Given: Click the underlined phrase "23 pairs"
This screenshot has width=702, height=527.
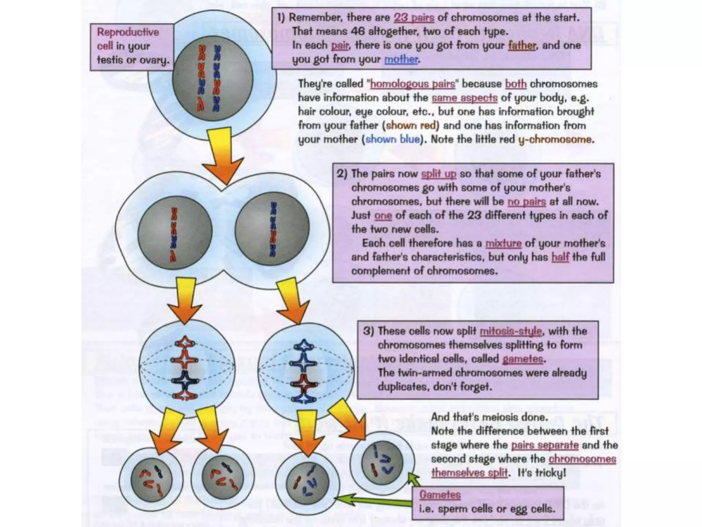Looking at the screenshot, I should pos(414,17).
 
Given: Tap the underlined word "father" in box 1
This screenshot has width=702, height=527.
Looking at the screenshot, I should pos(521,45).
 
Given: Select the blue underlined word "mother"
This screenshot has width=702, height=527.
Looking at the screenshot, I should pos(401,59).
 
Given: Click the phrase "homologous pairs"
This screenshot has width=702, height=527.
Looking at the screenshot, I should pos(413,84).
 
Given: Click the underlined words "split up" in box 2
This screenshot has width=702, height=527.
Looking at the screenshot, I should pos(438,174).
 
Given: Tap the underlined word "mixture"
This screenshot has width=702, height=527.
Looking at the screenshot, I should pos(503,243).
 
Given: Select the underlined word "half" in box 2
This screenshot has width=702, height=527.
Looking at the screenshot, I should pos(560,257).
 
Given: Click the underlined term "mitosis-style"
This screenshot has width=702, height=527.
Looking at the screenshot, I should pos(511,331).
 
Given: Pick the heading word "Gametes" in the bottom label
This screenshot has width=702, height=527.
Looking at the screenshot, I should pos(440,495).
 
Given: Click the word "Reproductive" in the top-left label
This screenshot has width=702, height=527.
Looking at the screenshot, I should pos(128,32).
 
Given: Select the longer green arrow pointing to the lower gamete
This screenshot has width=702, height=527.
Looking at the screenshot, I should pos(374,502).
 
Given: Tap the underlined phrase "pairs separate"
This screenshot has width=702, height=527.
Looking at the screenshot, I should pos(545,445).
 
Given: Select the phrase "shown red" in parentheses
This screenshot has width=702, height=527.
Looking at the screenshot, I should pos(411,126).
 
